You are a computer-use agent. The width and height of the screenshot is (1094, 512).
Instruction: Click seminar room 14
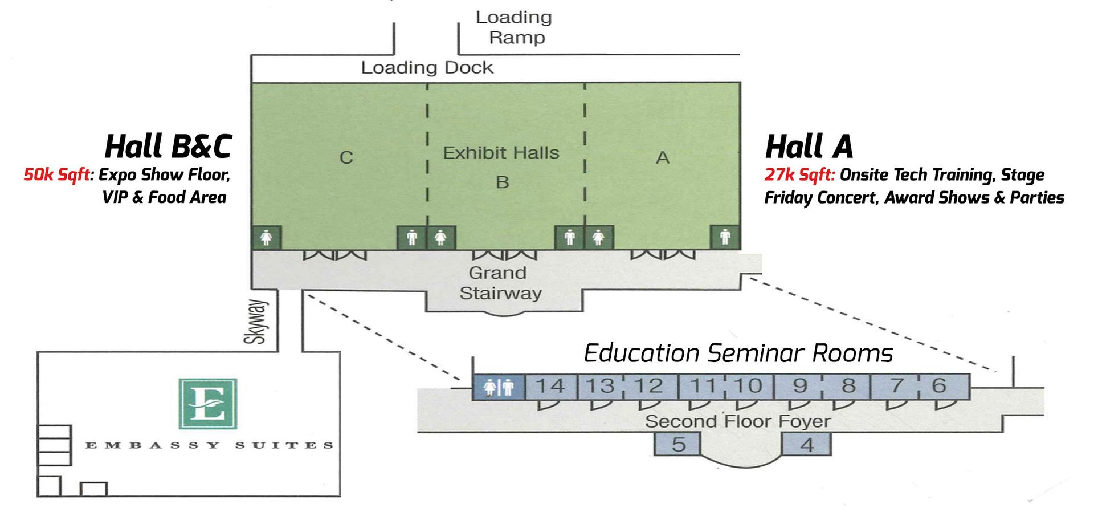[550, 386]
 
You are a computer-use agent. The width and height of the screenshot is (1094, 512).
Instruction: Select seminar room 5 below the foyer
[677, 444]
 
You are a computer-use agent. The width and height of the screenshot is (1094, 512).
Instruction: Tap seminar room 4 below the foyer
[807, 444]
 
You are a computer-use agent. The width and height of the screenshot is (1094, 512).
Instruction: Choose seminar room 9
[799, 386]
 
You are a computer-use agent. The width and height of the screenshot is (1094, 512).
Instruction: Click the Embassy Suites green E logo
[208, 403]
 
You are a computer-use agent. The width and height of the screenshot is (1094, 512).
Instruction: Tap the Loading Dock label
[427, 68]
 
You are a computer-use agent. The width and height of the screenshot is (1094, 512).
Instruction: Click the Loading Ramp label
[515, 27]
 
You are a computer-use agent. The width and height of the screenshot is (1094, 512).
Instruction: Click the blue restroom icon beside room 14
[498, 387]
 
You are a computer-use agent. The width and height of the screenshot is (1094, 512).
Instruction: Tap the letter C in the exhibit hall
[346, 157]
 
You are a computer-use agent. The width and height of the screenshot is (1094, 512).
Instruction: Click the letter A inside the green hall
[662, 157]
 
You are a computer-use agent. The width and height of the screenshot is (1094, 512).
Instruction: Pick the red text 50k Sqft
[56, 174]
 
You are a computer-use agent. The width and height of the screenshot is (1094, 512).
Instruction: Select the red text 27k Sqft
[799, 174]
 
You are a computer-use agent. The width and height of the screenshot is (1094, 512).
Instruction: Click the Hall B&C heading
[168, 146]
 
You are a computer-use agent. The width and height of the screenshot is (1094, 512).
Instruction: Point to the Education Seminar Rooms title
[738, 353]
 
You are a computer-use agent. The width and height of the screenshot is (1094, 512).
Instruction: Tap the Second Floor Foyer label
[737, 422]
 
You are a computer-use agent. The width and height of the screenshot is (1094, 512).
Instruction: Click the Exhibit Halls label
[501, 153]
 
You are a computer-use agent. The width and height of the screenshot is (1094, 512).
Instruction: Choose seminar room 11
[702, 386]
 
